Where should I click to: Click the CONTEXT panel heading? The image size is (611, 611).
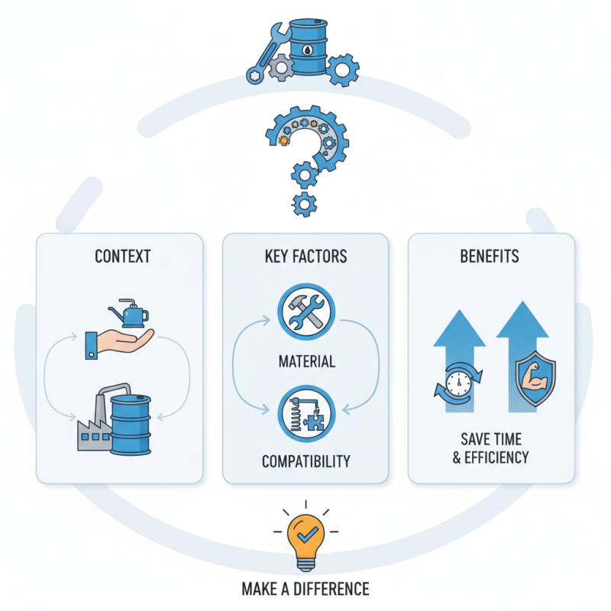[122, 256]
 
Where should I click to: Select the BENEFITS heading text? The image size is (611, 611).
[490, 256]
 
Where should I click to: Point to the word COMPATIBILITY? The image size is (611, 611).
[306, 461]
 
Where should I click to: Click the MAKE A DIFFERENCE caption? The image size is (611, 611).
[305, 589]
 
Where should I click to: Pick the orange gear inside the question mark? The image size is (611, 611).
[285, 141]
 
